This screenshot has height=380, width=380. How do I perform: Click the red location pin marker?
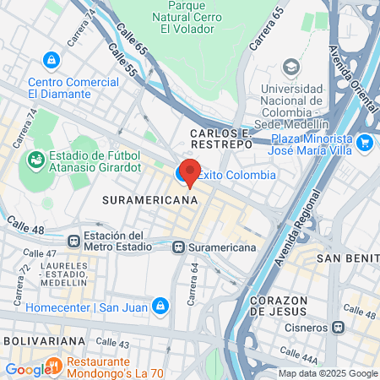click(190, 172)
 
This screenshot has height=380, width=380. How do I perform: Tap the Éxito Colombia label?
click(236, 175)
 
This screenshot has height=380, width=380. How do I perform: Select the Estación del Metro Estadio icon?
click(74, 239)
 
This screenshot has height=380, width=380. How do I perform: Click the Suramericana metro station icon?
click(177, 247)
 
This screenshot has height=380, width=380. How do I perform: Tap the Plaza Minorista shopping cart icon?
click(365, 143)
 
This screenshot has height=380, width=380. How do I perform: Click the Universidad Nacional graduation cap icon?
click(291, 67)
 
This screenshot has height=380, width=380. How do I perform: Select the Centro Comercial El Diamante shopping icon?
click(52, 61)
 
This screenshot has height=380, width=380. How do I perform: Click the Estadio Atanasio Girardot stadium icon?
click(35, 158)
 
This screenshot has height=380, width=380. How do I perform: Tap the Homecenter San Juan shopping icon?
click(160, 305)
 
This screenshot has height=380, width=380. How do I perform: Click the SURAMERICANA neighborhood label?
click(149, 200)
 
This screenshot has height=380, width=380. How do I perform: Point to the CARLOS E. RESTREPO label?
click(221, 139)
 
